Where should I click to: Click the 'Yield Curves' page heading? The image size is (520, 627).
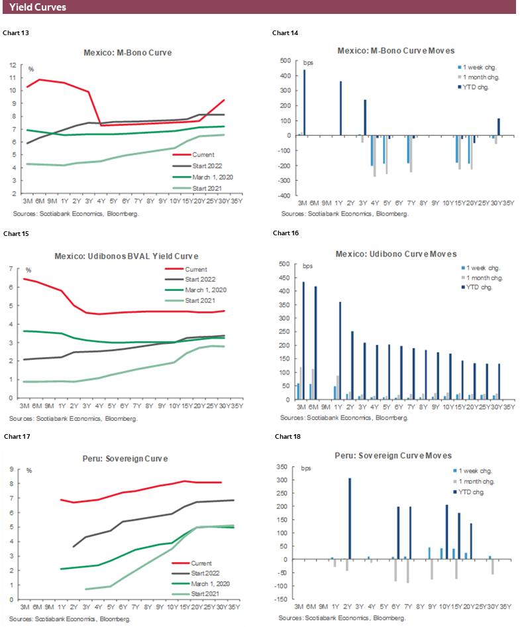[38, 8]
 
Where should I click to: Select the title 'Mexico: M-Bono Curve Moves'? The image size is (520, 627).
[395, 51]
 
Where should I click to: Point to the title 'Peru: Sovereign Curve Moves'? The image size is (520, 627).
[395, 456]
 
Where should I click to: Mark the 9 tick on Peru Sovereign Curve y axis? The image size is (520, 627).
[13, 470]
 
